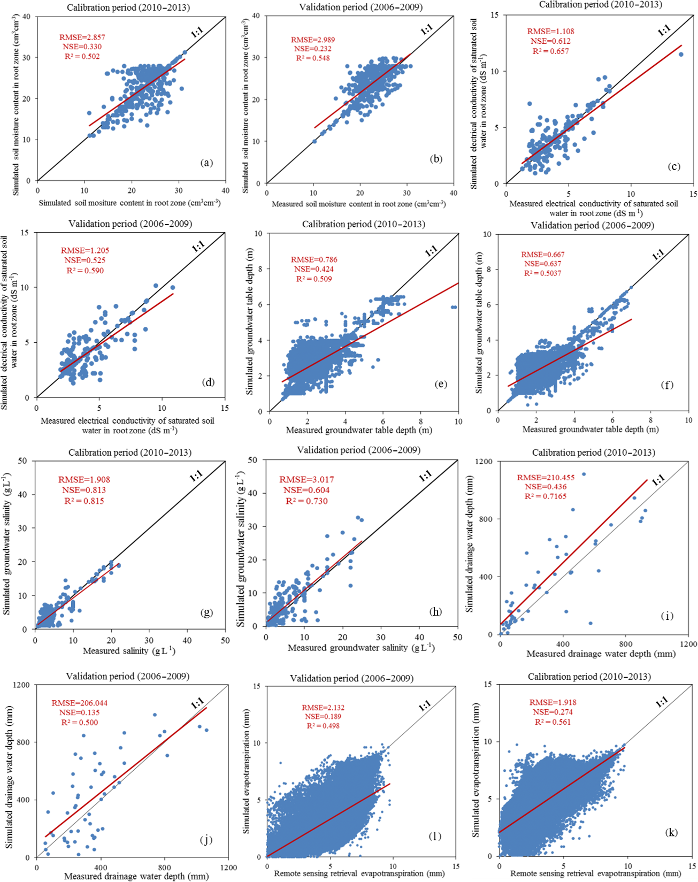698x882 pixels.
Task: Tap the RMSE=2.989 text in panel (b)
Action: tap(313, 40)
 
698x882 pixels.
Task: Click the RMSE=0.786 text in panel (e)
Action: tap(314, 259)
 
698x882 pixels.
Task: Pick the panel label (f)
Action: tap(667, 385)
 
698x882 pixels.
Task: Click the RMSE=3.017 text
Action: tap(306, 479)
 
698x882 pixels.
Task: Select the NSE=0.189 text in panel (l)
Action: tap(321, 717)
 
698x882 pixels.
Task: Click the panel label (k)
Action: tap(671, 832)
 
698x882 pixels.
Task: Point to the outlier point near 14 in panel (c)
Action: tap(681, 54)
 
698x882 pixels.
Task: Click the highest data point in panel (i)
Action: tap(584, 474)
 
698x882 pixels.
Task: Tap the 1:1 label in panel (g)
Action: tap(196, 475)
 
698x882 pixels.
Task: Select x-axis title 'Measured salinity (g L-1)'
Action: tap(129, 651)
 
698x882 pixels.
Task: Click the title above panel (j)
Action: tap(127, 676)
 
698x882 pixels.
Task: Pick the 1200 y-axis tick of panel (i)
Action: tap(485, 461)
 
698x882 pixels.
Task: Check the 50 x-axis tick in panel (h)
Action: tap(457, 637)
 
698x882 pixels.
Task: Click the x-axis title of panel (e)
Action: tap(359, 430)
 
